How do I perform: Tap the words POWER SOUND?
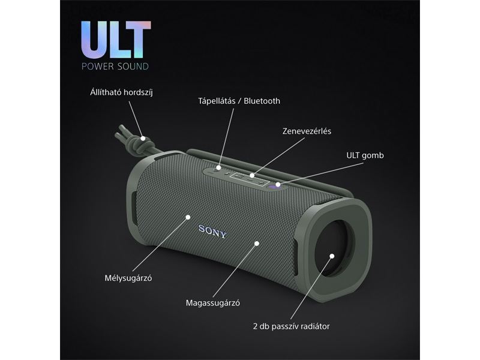[116, 65]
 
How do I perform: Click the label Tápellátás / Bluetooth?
[239, 101]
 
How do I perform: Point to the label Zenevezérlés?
[307, 130]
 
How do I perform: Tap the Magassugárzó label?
[213, 303]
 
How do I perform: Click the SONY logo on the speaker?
[212, 231]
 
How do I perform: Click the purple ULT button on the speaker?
[275, 185]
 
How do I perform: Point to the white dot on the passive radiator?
[331, 256]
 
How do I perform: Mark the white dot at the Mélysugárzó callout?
[187, 216]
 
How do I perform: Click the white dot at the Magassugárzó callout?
[257, 243]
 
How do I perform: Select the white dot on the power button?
[219, 167]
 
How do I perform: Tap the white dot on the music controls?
[253, 176]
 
